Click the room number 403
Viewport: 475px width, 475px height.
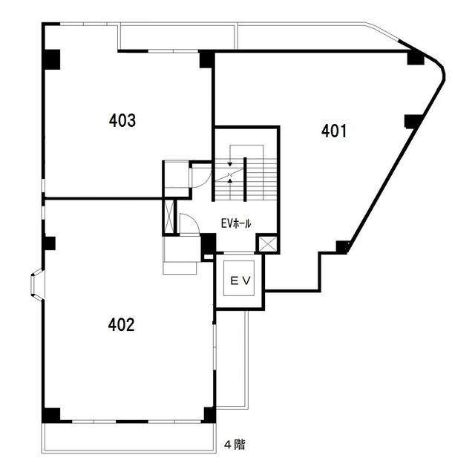pyautogui.click(x=122, y=120)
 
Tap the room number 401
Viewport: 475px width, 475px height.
pyautogui.click(x=334, y=131)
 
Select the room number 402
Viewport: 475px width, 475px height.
pyautogui.click(x=121, y=325)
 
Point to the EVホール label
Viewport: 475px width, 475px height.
pyautogui.click(x=236, y=223)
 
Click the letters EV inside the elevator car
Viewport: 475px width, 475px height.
pyautogui.click(x=240, y=281)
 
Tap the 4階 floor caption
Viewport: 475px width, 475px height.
pyautogui.click(x=235, y=445)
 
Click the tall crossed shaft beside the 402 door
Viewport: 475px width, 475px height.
pyautogui.click(x=169, y=216)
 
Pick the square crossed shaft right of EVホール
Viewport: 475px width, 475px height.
pyautogui.click(x=266, y=243)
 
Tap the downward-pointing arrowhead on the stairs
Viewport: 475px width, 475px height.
pyautogui.click(x=230, y=164)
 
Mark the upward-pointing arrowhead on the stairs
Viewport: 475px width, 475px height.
pyautogui.click(x=230, y=181)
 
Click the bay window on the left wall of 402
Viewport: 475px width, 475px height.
pyautogui.click(x=37, y=284)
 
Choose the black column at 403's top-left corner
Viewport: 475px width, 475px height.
pyautogui.click(x=51, y=59)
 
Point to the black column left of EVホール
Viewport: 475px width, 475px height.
pyautogui.click(x=209, y=244)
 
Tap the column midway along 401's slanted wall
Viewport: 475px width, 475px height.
pyautogui.click(x=413, y=121)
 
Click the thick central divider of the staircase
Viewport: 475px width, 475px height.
pyautogui.click(x=245, y=179)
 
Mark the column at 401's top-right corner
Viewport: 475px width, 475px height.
pyautogui.click(x=416, y=58)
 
